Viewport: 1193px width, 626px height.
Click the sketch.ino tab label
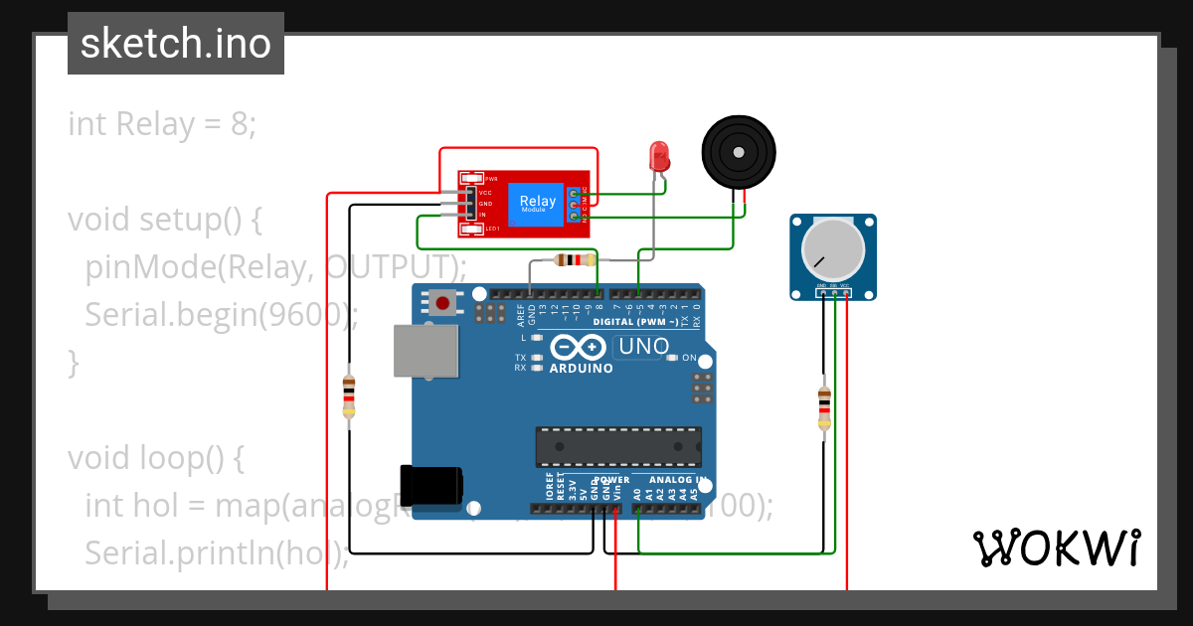pos(176,44)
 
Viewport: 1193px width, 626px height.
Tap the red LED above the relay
pos(658,154)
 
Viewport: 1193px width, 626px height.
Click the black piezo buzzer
pos(738,151)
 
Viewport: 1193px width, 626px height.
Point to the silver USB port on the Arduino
pos(426,351)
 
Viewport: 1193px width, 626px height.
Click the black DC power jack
pos(430,484)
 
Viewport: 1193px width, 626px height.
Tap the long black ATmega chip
pos(618,447)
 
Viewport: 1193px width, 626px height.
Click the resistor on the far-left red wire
pos(348,395)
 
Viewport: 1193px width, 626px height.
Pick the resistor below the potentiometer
pos(823,408)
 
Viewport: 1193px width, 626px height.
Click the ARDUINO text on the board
pos(582,368)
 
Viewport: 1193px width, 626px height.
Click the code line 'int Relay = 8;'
pos(162,124)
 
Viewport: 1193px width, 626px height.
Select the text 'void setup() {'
pos(164,220)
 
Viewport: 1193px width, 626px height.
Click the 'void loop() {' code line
pos(156,458)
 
